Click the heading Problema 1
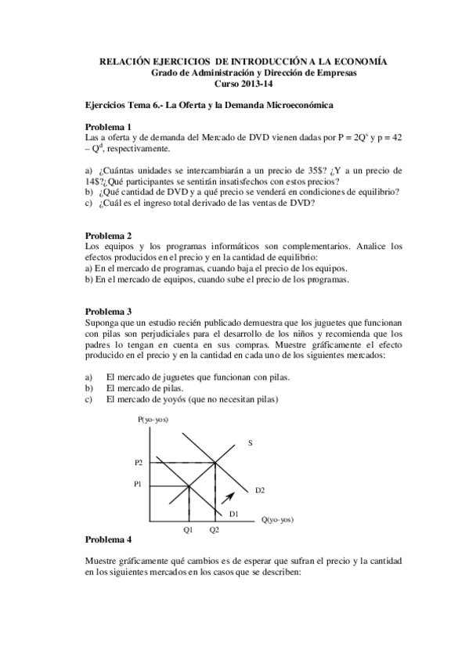pos(108,127)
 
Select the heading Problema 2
pos(108,235)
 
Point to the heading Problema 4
pos(108,539)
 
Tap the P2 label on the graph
pos(139,463)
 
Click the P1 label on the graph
pos(139,484)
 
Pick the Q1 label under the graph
pos(188,530)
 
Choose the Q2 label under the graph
pos(215,530)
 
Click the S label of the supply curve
pos(251,443)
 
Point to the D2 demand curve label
pos(260,490)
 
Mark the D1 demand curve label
pos(233,513)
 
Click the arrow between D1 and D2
pos(228,496)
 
